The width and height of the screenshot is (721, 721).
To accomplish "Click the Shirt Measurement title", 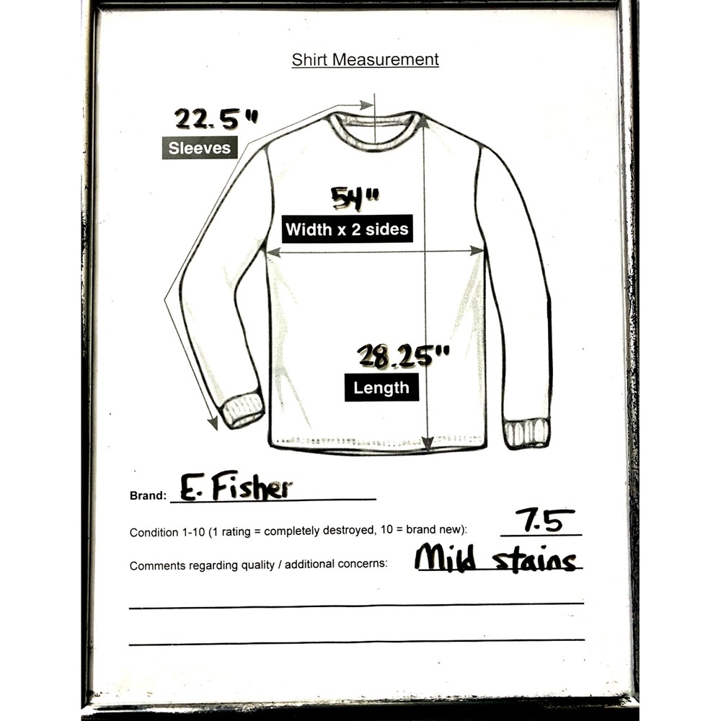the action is click(365, 60).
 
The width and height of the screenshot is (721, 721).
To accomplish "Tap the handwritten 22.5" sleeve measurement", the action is click(216, 119).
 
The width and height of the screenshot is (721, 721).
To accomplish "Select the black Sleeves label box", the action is click(200, 148).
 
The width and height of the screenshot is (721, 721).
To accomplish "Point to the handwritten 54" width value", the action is click(355, 198).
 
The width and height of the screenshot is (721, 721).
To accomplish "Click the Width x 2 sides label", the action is click(348, 229).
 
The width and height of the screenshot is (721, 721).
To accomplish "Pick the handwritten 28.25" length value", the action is click(403, 356).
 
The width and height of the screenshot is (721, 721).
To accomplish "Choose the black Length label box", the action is click(381, 387).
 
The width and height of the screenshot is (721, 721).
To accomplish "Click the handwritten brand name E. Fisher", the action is click(236, 486).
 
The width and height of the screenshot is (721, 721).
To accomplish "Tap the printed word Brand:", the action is click(148, 496).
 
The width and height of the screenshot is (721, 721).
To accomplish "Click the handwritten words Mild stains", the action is click(496, 557).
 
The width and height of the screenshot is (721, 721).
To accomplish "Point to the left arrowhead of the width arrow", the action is click(273, 252).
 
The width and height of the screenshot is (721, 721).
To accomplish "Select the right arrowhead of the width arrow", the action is click(477, 251).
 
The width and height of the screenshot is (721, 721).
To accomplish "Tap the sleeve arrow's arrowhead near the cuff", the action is click(213, 423).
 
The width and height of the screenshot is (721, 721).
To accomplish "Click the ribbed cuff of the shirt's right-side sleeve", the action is click(527, 433).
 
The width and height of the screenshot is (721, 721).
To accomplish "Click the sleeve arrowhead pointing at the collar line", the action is click(366, 105).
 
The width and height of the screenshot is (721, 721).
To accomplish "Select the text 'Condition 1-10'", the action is click(167, 533).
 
